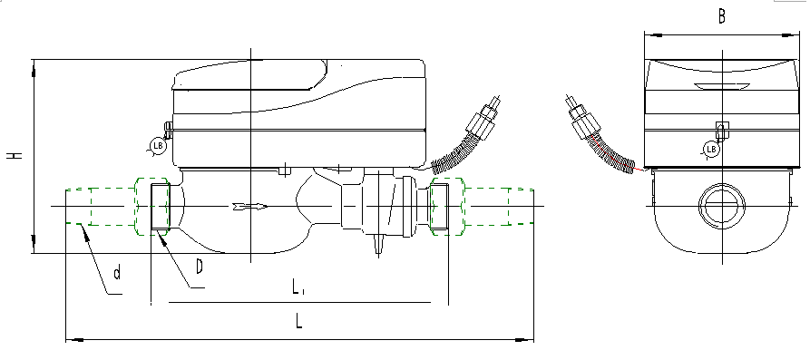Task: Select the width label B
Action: click(721, 15)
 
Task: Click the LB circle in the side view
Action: click(157, 145)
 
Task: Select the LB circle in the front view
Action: click(712, 149)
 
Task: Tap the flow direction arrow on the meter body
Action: click(249, 208)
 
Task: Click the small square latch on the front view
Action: click(722, 129)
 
